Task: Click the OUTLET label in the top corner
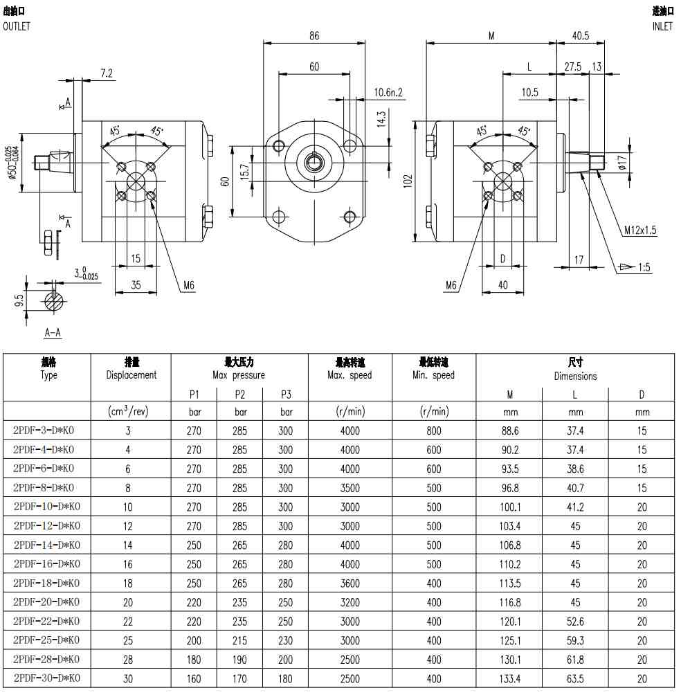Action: tap(17, 26)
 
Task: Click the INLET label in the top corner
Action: tap(662, 26)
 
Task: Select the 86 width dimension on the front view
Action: tap(314, 35)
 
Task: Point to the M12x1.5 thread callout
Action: tap(640, 230)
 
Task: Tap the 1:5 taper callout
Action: tap(644, 267)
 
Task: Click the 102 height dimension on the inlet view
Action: tap(408, 181)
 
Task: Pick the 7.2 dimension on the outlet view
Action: tap(107, 73)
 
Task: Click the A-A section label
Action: tap(53, 332)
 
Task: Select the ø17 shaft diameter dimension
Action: tap(622, 162)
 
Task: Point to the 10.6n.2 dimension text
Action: tap(388, 92)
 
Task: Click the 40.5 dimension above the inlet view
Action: tap(581, 35)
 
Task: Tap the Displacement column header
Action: tap(131, 374)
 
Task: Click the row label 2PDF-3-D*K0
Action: tap(44, 431)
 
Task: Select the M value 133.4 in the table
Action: tap(510, 679)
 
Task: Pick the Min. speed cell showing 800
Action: tap(434, 431)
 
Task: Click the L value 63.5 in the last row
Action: tap(575, 679)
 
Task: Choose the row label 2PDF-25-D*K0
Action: tap(46, 640)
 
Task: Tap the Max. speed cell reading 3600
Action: tap(349, 583)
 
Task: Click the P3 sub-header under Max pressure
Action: tap(286, 395)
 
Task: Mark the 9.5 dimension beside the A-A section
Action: tap(18, 300)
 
